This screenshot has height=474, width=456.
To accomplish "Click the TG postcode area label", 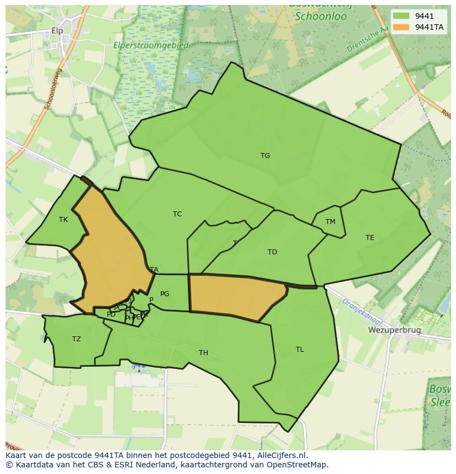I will [265, 156].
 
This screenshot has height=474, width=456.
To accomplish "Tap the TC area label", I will [177, 214].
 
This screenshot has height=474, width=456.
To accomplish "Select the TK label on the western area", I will [63, 220].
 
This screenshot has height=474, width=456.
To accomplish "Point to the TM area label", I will [330, 222].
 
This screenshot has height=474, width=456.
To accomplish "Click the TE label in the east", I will [370, 238].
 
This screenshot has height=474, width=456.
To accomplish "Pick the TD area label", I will [272, 252].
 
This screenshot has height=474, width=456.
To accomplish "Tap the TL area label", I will [300, 350].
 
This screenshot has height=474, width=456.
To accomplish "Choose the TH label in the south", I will [203, 353].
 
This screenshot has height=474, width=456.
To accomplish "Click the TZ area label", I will [77, 339].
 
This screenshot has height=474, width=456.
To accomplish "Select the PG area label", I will [165, 294].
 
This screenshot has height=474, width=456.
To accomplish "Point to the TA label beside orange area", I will [154, 270].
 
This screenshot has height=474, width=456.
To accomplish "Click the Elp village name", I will [58, 31].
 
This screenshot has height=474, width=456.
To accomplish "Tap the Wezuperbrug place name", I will [394, 330].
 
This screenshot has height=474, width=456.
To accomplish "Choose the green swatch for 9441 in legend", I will [401, 16].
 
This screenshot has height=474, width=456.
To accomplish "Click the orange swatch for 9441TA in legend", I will [401, 27].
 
